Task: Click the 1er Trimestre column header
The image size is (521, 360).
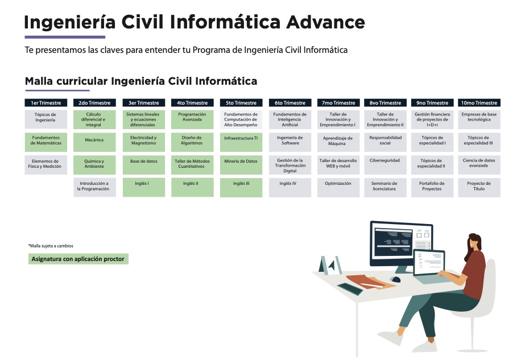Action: pos(46,103)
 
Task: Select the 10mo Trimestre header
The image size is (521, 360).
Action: pos(479,103)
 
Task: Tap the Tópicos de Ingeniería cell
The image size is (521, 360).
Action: pos(46,119)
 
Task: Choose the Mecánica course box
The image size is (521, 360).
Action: pos(94,142)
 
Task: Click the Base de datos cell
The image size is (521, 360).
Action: pos(143,165)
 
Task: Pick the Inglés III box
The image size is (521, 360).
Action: pos(241,188)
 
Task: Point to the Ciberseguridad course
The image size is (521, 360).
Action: pos(385,165)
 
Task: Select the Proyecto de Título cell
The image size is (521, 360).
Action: pos(479,188)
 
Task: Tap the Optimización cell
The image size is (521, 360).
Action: pos(338,188)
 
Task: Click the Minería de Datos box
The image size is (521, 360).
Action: pos(241,165)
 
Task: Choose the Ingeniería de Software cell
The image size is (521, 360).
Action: pos(290,142)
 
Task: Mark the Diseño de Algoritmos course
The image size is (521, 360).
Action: pos(192,142)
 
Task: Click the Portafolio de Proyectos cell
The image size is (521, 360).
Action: pos(432,188)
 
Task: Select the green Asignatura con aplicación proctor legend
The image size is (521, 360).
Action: pos(78,259)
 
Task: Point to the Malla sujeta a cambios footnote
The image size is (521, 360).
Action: pos(51,246)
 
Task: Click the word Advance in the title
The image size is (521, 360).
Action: pos(325,22)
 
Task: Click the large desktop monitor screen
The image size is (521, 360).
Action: pos(402,243)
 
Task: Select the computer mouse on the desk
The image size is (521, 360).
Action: pos(395,279)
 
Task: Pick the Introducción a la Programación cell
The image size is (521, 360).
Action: pos(94,188)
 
